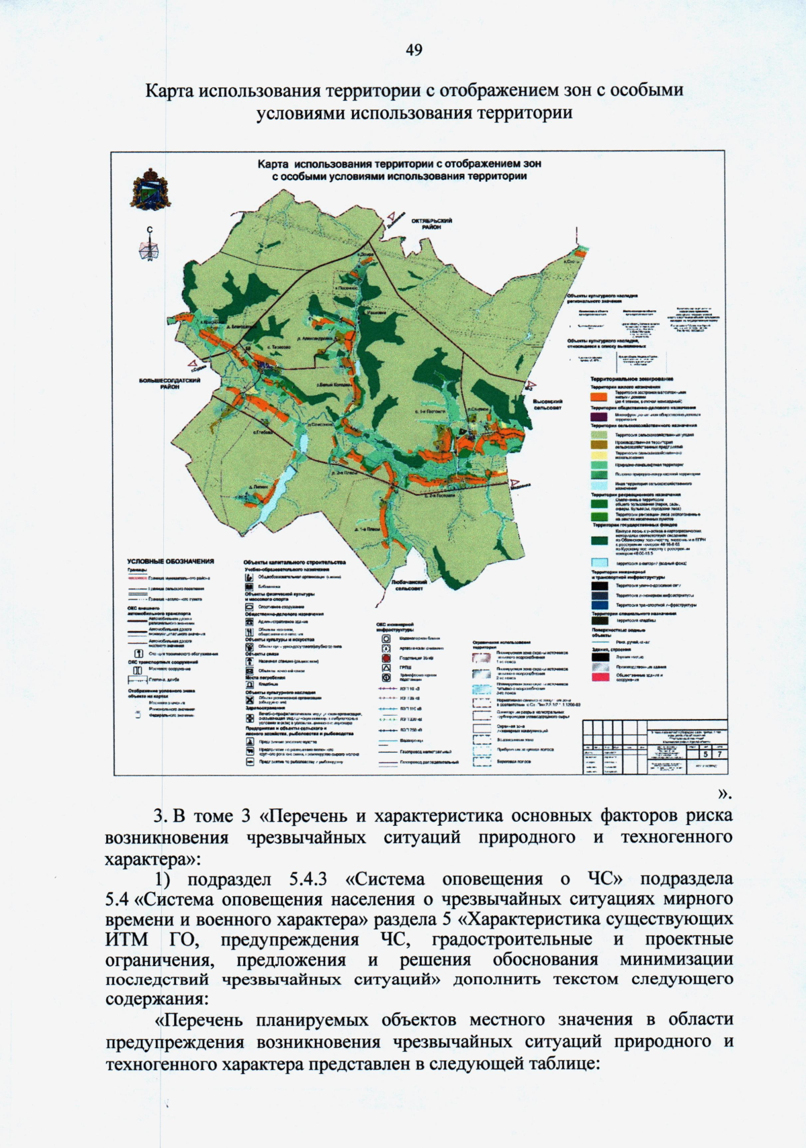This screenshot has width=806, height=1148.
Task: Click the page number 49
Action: [414, 50]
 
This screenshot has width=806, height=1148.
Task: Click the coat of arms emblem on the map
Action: [149, 189]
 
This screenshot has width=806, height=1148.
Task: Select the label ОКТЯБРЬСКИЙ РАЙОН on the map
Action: [431, 224]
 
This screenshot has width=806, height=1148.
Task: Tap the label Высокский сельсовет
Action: [547, 404]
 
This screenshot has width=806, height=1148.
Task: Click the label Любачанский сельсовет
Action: [409, 585]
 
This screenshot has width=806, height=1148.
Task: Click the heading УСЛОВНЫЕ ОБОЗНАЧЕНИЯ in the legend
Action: [171, 561]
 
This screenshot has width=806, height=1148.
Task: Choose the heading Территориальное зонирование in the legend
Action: [631, 379]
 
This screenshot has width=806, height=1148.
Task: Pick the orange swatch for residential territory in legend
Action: [599, 397]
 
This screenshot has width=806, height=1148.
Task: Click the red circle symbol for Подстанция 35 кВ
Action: [386, 659]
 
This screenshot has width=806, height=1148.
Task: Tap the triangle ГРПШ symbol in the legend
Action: [386, 668]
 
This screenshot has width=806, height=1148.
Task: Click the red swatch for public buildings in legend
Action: [599, 677]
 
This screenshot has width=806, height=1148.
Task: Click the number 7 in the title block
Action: [719, 754]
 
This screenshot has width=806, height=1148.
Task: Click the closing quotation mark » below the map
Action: [724, 794]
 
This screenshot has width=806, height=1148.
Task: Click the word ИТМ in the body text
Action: [126, 939]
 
